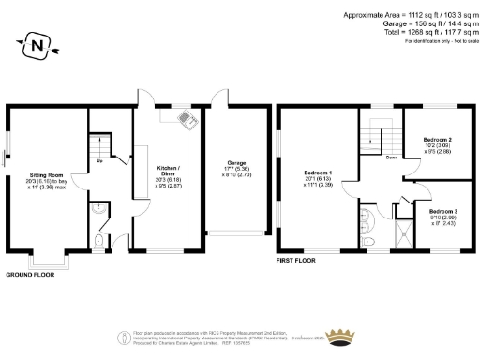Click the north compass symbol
point(37,43)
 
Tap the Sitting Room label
point(46,174)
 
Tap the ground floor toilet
point(100,242)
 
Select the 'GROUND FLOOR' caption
point(30,274)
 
